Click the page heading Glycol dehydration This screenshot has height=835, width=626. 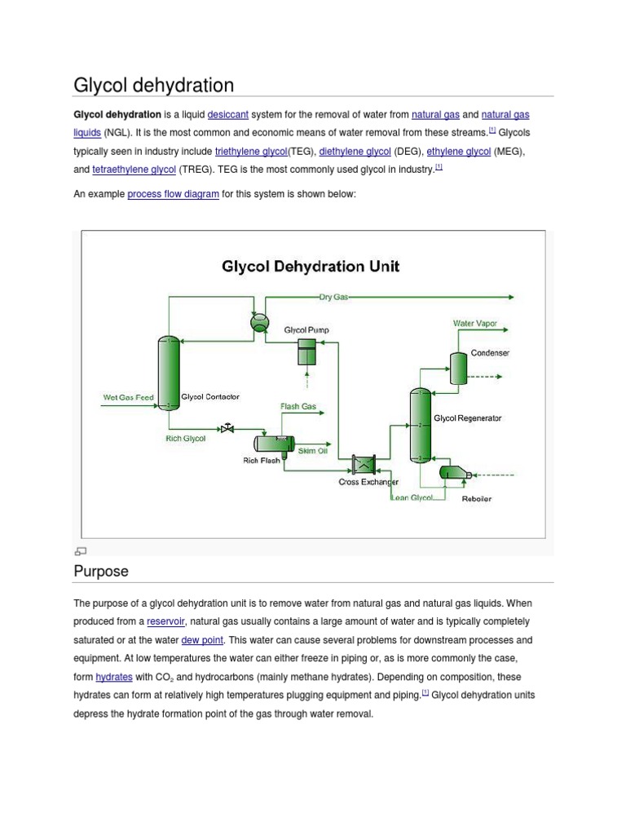[x=153, y=85]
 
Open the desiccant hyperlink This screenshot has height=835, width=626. [x=228, y=115]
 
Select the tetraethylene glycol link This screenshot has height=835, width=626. [x=134, y=170]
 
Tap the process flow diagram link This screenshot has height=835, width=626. [x=173, y=194]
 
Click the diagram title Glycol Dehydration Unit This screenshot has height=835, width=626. [x=311, y=267]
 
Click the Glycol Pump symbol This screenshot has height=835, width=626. [x=306, y=352]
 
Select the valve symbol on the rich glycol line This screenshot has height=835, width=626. [x=227, y=428]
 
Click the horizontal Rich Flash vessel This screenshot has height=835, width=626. [x=274, y=443]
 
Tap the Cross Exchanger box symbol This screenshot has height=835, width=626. [x=363, y=465]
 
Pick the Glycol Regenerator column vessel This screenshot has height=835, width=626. [x=419, y=425]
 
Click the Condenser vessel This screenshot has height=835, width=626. [x=458, y=369]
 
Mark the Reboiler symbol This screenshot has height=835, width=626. [x=454, y=472]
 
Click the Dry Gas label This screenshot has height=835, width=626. [x=333, y=298]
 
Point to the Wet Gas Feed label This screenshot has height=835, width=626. [x=128, y=398]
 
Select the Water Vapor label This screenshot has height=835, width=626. [x=474, y=324]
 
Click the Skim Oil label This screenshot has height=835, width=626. [x=312, y=451]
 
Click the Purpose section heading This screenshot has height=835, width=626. [x=101, y=571]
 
